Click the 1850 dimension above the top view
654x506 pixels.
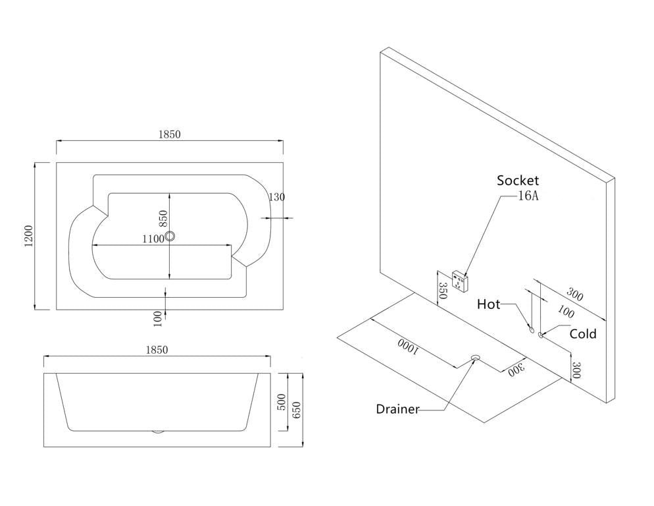pyautogui.click(x=169, y=134)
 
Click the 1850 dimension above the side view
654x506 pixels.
pyautogui.click(x=157, y=350)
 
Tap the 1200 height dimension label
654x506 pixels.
pyautogui.click(x=28, y=237)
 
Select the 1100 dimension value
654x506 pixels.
pyautogui.click(x=152, y=239)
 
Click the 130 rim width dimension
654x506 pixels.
pyautogui.click(x=277, y=197)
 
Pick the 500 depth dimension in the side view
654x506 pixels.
pyautogui.click(x=281, y=402)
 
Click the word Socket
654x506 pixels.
pyautogui.click(x=518, y=181)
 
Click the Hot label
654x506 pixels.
pyautogui.click(x=488, y=304)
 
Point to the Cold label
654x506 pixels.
pyautogui.click(x=582, y=334)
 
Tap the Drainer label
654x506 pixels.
pyautogui.click(x=397, y=409)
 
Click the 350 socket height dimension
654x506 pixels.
pyautogui.click(x=442, y=291)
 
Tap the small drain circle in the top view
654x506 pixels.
pyautogui.click(x=170, y=236)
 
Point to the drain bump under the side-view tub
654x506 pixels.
pyautogui.click(x=157, y=432)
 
